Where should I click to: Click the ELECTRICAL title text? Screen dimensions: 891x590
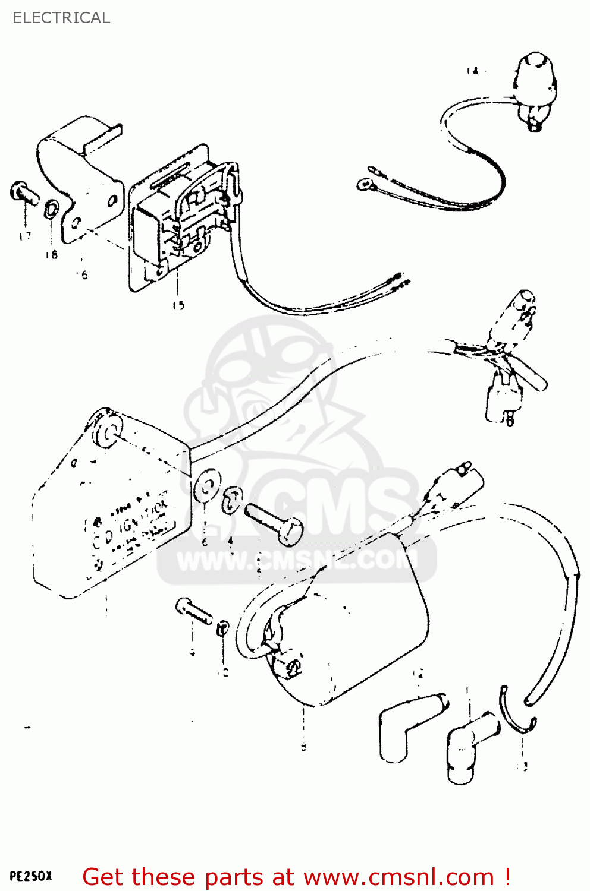(x=61, y=18)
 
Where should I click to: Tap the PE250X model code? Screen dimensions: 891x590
(x=31, y=876)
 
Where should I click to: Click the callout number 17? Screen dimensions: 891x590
(x=24, y=236)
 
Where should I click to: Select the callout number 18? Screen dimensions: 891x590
(x=51, y=254)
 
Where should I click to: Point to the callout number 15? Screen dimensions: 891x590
(x=178, y=305)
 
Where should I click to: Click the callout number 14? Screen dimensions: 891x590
(x=472, y=71)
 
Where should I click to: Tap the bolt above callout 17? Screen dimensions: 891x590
(x=24, y=192)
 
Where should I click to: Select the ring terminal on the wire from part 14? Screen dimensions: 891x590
(x=363, y=185)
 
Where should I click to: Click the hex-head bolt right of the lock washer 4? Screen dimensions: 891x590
(x=274, y=522)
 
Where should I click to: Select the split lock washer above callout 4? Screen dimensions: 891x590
(x=232, y=501)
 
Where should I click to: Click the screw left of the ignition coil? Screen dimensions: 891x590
(x=194, y=612)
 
